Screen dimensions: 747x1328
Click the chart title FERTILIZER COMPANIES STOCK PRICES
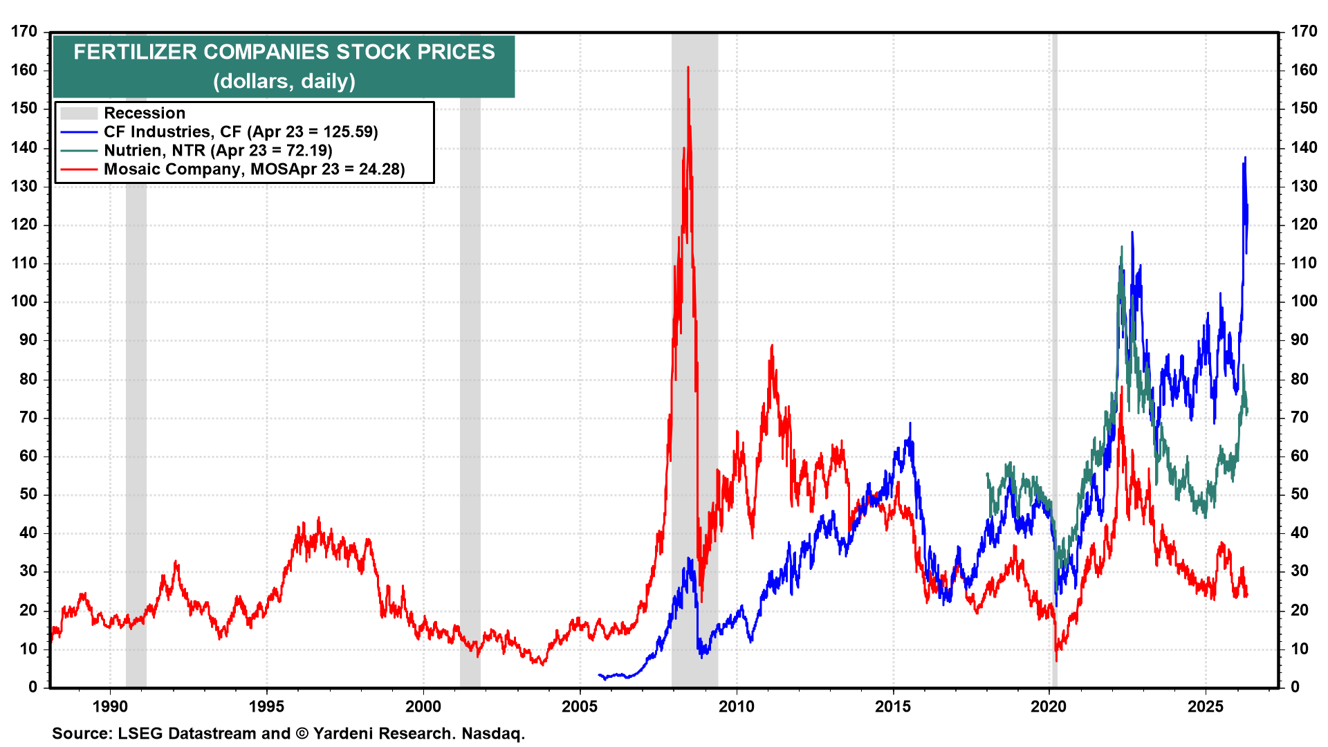pos(284,52)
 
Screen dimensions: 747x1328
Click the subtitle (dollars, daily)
pos(284,82)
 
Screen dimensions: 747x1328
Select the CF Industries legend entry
pos(240,132)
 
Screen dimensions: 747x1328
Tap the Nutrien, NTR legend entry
pos(218,151)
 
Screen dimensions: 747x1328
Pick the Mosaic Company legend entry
pos(254,169)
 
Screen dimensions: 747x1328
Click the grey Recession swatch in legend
pos(78,113)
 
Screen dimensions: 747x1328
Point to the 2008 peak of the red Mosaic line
pos(688,68)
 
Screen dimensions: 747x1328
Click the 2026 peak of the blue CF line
pos(1245,158)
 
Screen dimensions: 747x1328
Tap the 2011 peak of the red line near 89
pos(772,345)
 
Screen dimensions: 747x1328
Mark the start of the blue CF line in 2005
pos(599,674)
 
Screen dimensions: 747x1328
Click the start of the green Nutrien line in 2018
pos(987,474)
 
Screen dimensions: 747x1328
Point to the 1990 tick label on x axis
pos(110,707)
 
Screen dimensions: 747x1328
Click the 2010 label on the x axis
pos(736,707)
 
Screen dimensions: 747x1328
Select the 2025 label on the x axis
pos(1206,707)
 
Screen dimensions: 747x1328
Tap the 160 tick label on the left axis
pos(24,71)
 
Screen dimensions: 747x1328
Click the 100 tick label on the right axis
pos(1303,302)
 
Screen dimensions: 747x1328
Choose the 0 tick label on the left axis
pos(33,687)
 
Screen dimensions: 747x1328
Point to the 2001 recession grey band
pos(470,415)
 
